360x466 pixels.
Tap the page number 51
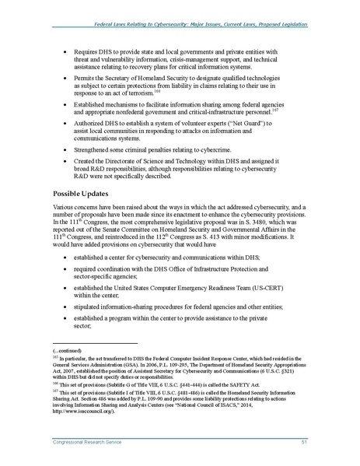pos(309,443)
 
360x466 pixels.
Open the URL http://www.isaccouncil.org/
pos(86,412)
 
